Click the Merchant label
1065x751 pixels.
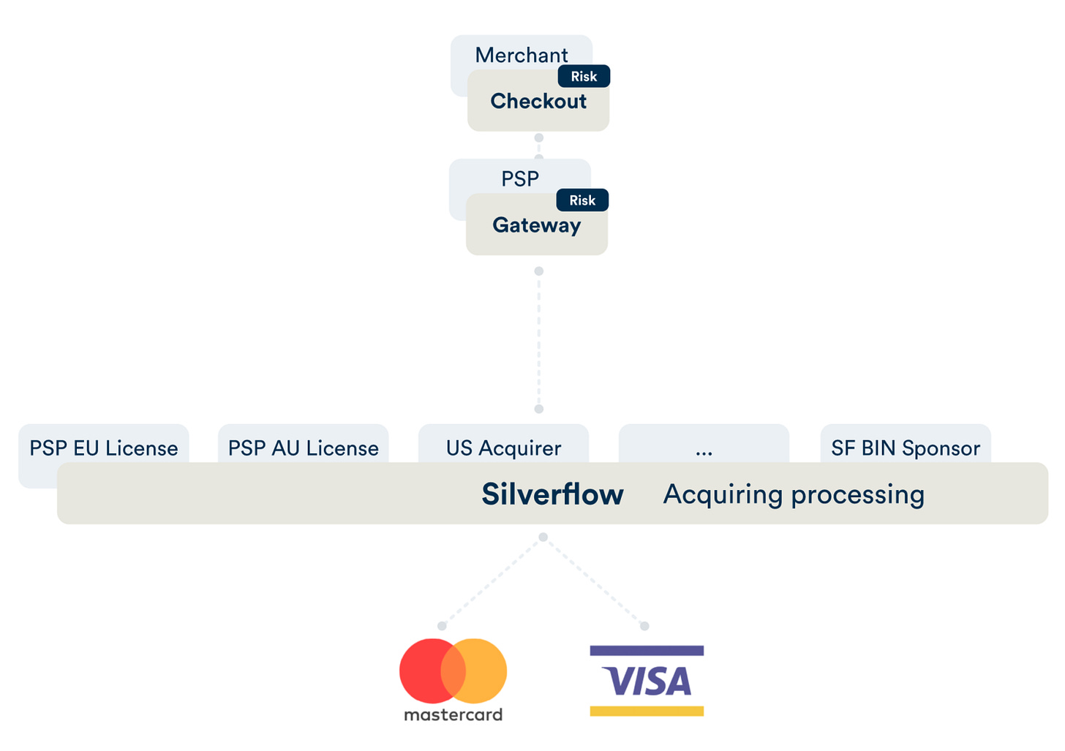click(521, 55)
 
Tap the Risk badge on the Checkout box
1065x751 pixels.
click(584, 76)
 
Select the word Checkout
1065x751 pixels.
click(538, 101)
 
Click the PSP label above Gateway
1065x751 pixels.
click(519, 178)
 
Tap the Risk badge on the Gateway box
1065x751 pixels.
click(582, 200)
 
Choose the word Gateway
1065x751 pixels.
click(536, 225)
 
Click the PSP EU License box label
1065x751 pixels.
click(104, 448)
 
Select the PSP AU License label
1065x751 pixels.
click(304, 448)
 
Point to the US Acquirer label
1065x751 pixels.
click(503, 448)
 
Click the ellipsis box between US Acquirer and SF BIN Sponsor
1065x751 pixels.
click(704, 448)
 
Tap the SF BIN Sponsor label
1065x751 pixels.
click(906, 448)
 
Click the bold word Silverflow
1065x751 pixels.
click(552, 494)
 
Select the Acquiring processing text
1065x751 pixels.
click(794, 494)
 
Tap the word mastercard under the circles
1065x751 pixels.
click(453, 714)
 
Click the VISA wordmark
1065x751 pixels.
click(647, 682)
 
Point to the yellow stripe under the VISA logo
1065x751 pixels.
click(647, 711)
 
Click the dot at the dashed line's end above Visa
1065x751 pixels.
click(644, 626)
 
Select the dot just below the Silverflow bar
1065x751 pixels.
click(543, 537)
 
